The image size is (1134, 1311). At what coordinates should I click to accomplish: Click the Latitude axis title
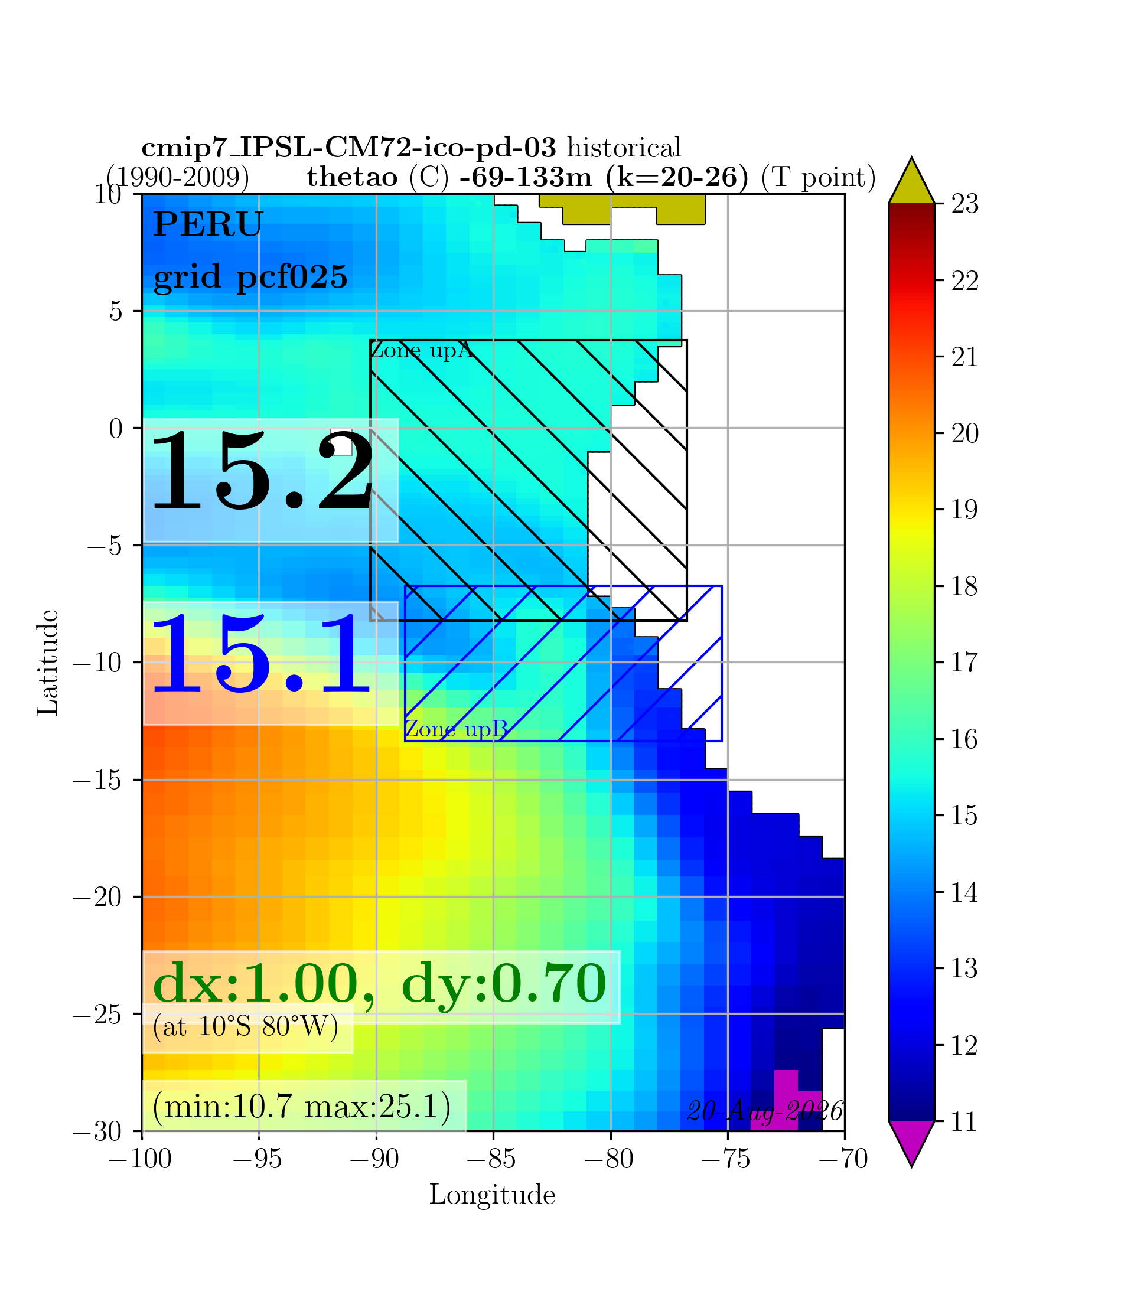point(47,663)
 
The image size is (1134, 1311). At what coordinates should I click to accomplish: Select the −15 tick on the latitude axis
point(97,780)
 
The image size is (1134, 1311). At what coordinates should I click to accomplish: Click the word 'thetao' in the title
point(353,178)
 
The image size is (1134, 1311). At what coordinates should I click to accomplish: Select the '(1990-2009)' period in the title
point(178,178)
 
